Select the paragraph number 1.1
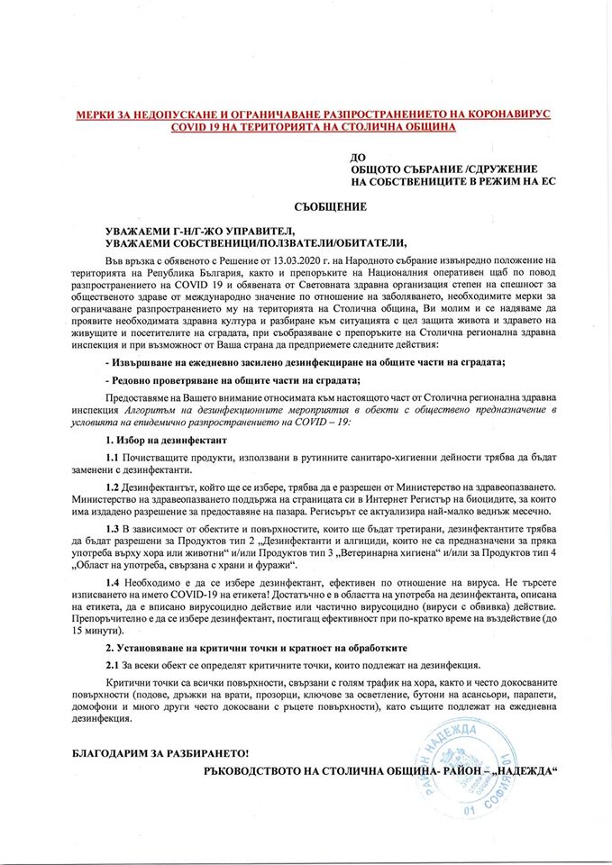tap(112, 459)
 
